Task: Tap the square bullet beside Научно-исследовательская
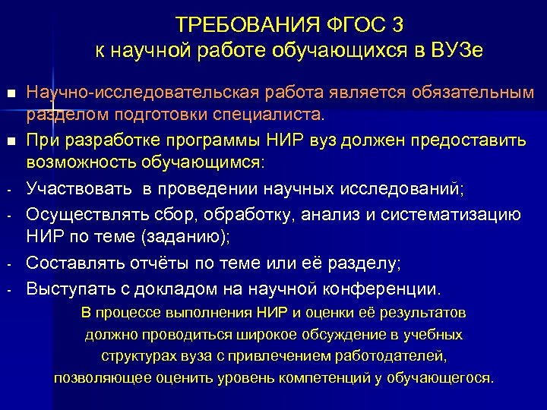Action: [9, 94]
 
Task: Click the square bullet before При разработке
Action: [9, 142]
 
